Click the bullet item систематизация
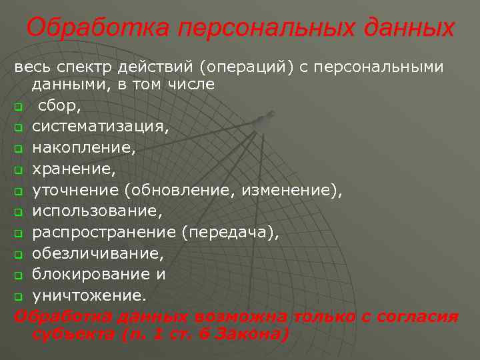(101, 127)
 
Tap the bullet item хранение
(74, 169)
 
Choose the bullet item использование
(97, 212)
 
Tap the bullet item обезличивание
(97, 255)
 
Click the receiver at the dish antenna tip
(262, 119)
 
